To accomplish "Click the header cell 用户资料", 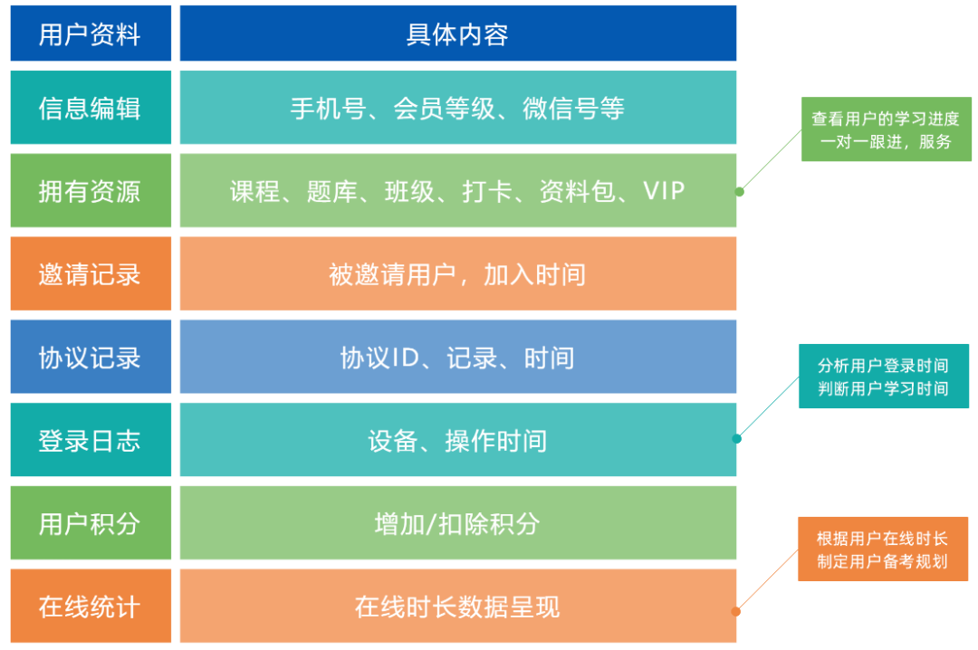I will tap(90, 34).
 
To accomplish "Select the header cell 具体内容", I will tap(457, 34).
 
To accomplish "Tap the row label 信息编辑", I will tap(90, 109).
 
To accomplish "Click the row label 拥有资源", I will tap(90, 191).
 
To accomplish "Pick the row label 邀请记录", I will tap(90, 273).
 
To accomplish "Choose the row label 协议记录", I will tap(90, 357).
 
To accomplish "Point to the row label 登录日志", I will tap(90, 440).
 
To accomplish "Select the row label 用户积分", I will tap(90, 523).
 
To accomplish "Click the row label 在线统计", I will tap(90, 606).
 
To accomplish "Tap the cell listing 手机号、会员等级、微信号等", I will tap(457, 109).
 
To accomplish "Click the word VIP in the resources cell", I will tap(664, 191).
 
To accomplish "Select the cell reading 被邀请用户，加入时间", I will tap(457, 273).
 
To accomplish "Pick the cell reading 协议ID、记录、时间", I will tap(457, 357).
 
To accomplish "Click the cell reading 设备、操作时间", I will tap(457, 440).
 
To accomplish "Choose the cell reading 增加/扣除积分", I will tap(457, 523).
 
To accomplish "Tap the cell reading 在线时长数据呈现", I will tap(457, 606).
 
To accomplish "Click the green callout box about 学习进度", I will tap(885, 129).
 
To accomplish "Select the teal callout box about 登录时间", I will tap(883, 377).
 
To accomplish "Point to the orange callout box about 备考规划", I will tap(882, 550).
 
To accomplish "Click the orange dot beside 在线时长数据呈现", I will tap(736, 611).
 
